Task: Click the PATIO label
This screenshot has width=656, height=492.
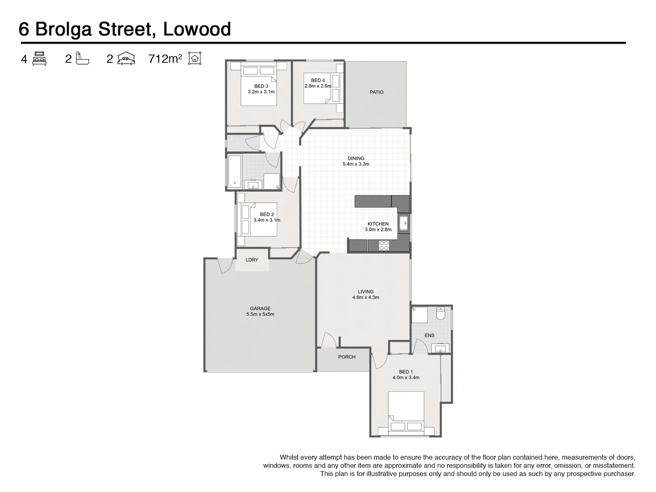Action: click(x=376, y=92)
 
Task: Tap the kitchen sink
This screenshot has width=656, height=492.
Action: click(x=404, y=223)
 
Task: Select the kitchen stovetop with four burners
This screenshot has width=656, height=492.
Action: click(x=384, y=246)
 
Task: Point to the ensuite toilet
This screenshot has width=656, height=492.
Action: click(x=441, y=314)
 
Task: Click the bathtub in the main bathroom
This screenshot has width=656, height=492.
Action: click(x=235, y=172)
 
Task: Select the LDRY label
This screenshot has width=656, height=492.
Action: click(x=252, y=260)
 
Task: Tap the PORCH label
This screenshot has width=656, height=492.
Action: click(x=347, y=357)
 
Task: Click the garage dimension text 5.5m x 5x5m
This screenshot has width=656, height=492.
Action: click(x=260, y=314)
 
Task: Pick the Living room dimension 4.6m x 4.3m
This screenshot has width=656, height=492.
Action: click(x=365, y=297)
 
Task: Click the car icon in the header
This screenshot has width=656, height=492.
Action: click(x=126, y=59)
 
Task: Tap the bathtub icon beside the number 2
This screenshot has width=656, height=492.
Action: click(x=82, y=59)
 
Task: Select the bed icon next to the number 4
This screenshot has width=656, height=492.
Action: click(x=39, y=59)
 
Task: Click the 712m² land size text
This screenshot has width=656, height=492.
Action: click(x=165, y=59)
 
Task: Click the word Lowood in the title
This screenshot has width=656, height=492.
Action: click(x=197, y=29)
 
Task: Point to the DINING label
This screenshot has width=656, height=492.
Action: click(x=356, y=159)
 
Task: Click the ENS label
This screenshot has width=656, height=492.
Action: click(x=429, y=335)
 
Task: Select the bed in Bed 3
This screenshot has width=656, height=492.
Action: click(x=259, y=86)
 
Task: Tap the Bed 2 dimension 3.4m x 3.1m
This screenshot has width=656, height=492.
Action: click(x=266, y=220)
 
